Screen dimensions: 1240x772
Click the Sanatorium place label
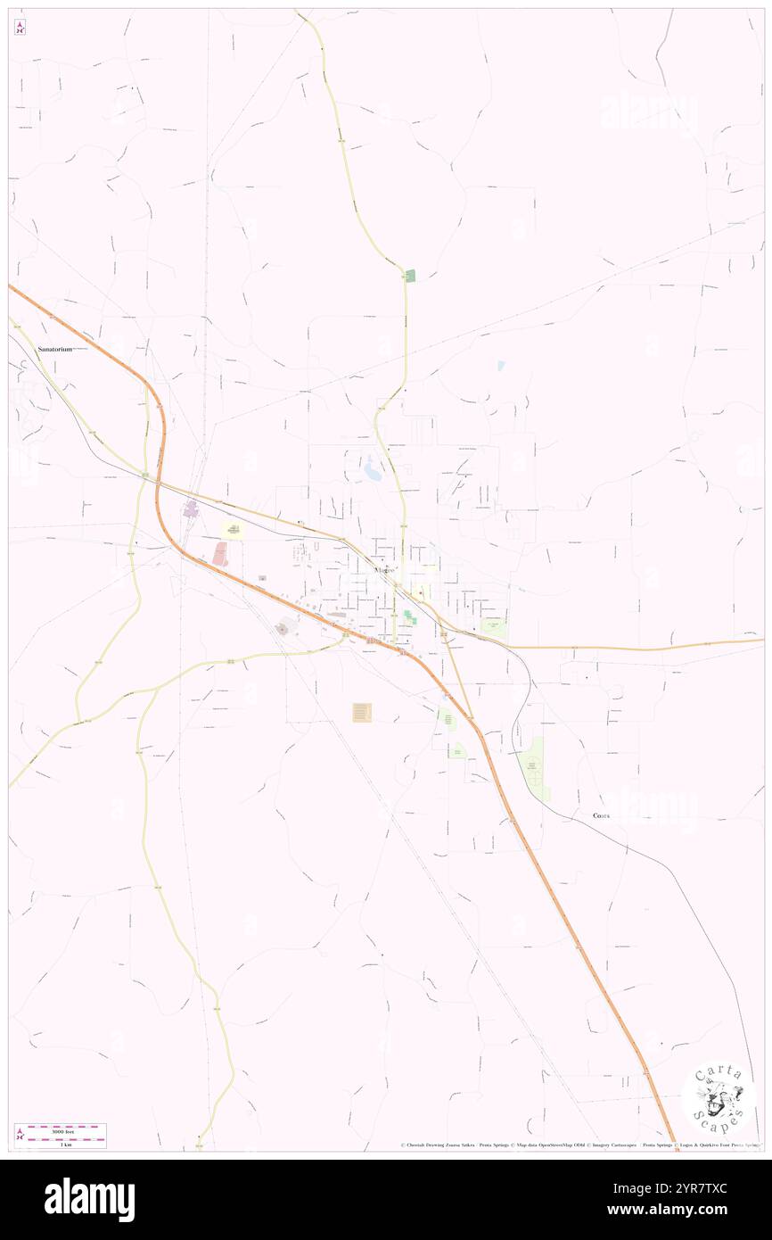[x=54, y=349]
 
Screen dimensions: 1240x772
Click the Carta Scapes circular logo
[x=719, y=1097]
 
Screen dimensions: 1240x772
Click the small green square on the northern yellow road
[x=410, y=276]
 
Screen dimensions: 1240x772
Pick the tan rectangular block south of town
[x=362, y=712]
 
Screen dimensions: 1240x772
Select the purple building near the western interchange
[x=190, y=509]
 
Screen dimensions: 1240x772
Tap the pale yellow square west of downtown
[x=233, y=532]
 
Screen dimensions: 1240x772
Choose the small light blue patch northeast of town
[x=500, y=365]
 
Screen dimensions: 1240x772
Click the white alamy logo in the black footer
[x=90, y=1199]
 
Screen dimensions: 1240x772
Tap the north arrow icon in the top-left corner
[x=20, y=28]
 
